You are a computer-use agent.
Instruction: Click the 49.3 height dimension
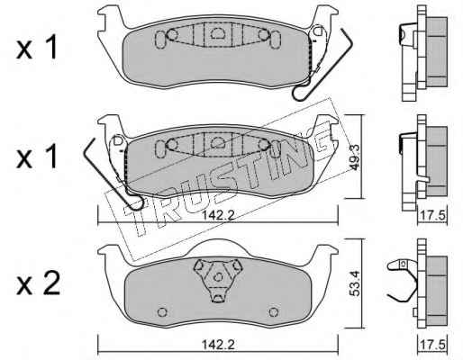(x=355, y=157)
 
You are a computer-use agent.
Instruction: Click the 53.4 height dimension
(x=355, y=283)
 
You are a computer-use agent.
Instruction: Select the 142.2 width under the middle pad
(x=218, y=216)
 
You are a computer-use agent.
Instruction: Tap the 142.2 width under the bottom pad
(x=218, y=345)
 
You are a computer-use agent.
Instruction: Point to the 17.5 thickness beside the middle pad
(x=432, y=216)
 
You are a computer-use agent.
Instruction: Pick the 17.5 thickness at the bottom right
(x=432, y=345)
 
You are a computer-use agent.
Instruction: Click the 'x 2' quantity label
(x=39, y=283)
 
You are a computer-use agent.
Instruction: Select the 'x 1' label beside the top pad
(x=37, y=47)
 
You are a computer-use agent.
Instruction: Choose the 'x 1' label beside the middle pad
(x=37, y=157)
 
